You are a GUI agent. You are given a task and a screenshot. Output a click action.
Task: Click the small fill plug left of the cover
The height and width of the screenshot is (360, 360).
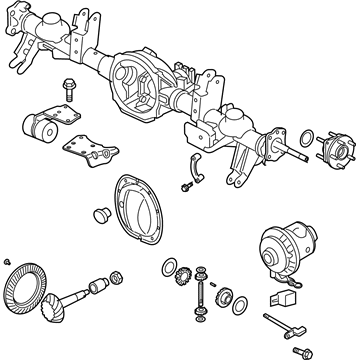pyautogui.click(x=99, y=214)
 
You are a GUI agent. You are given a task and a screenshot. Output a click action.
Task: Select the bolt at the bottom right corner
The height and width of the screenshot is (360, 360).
pyautogui.click(x=298, y=351)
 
